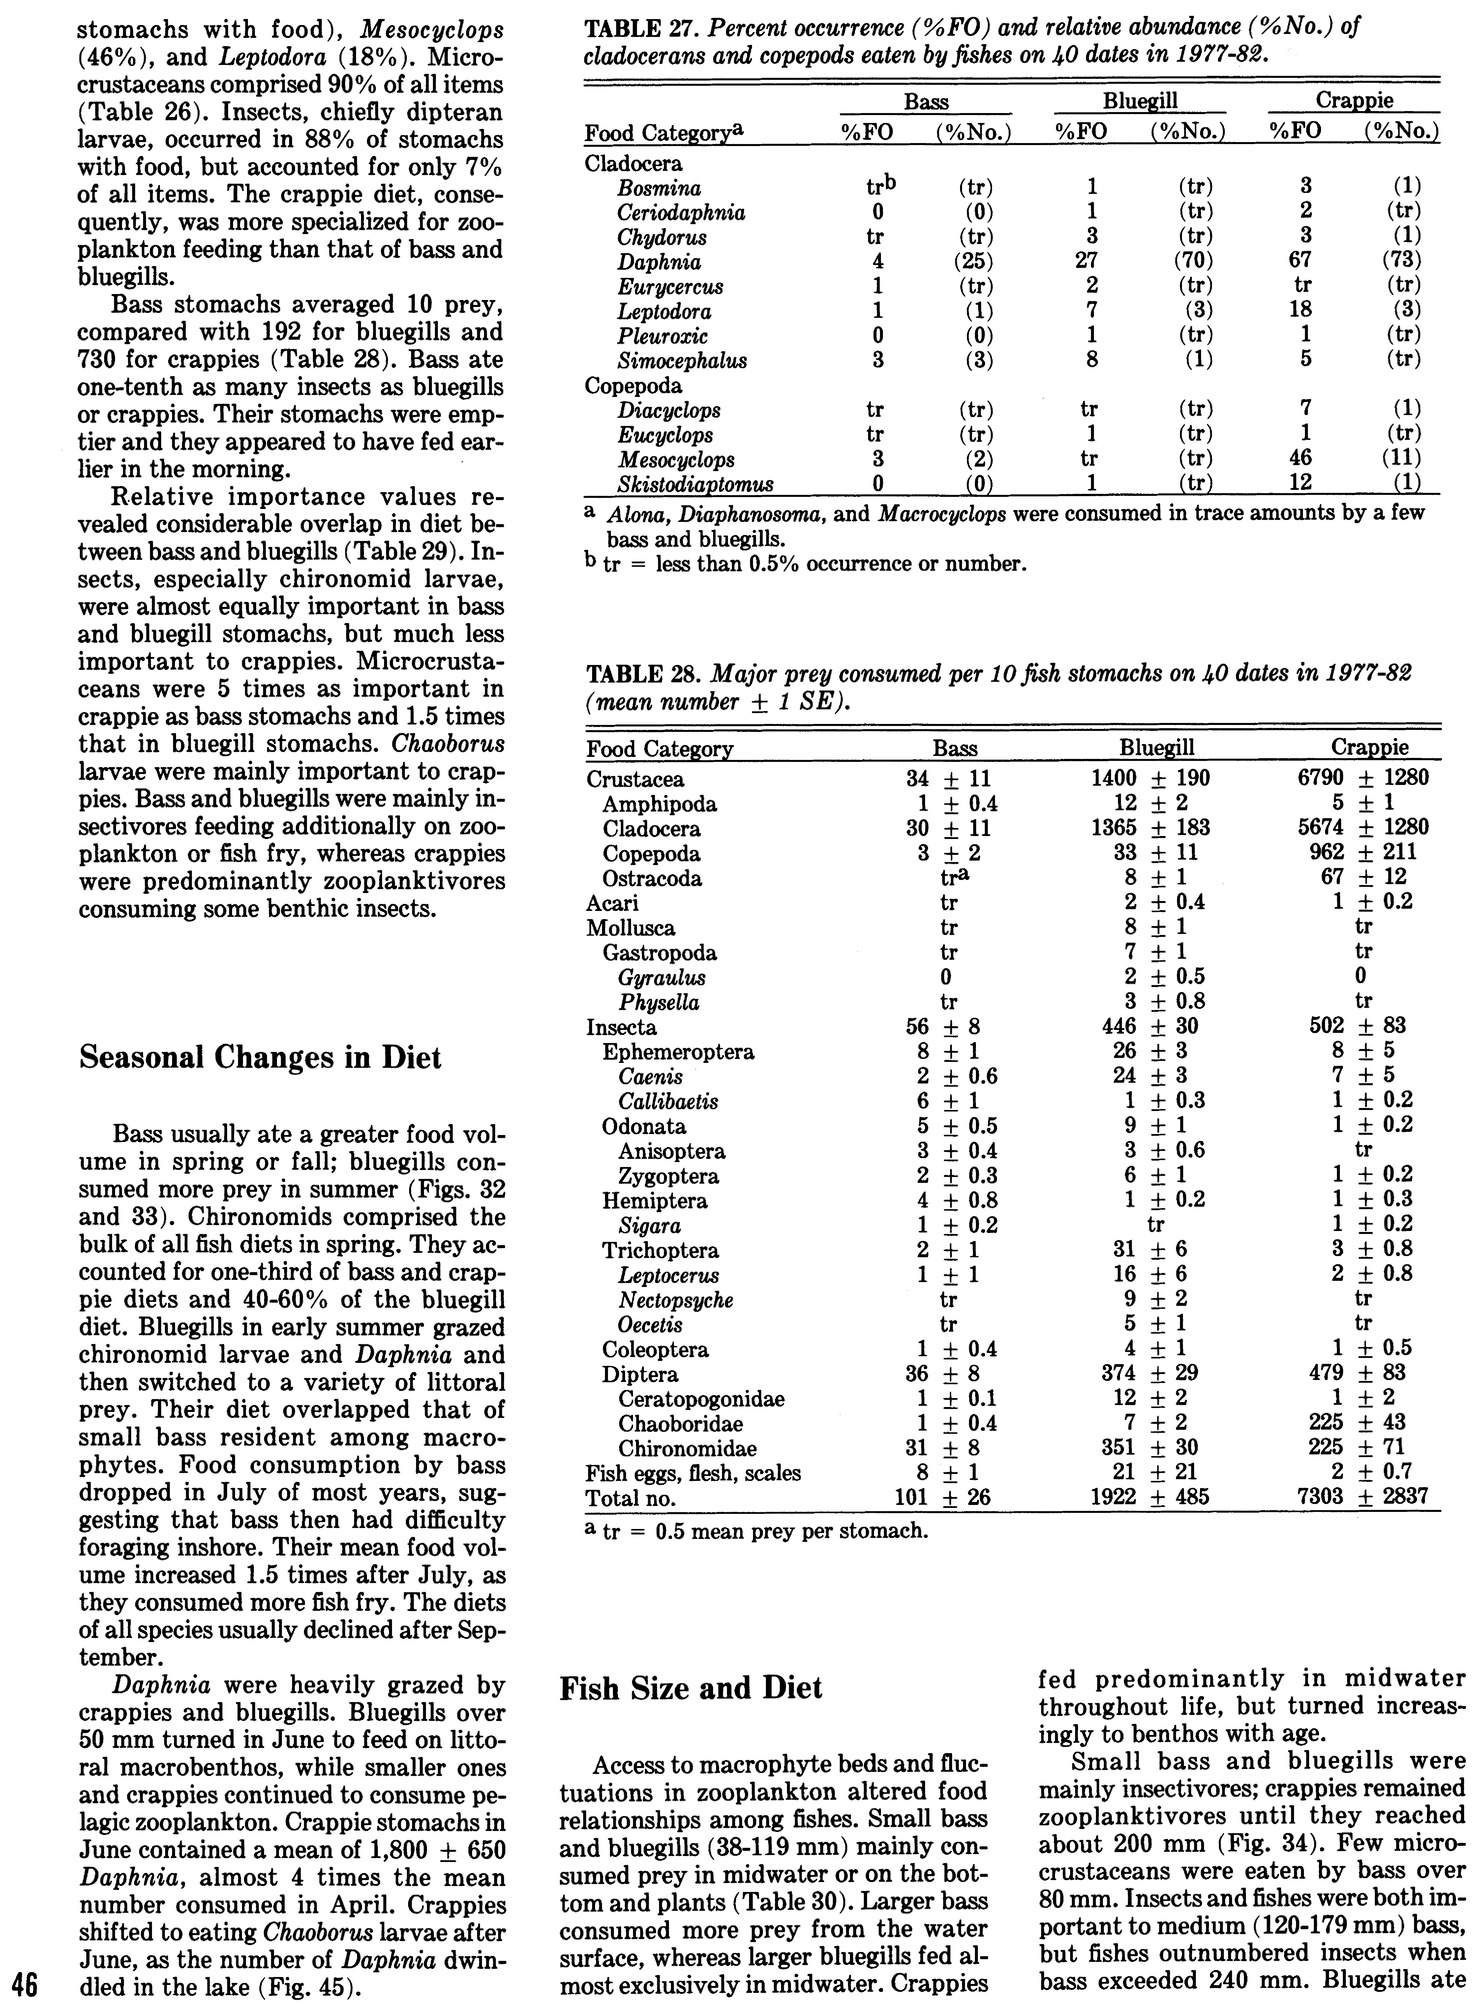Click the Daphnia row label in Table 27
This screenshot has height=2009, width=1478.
click(x=659, y=262)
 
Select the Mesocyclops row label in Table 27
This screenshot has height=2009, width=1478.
click(x=675, y=460)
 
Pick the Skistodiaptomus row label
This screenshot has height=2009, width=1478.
click(x=695, y=484)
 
